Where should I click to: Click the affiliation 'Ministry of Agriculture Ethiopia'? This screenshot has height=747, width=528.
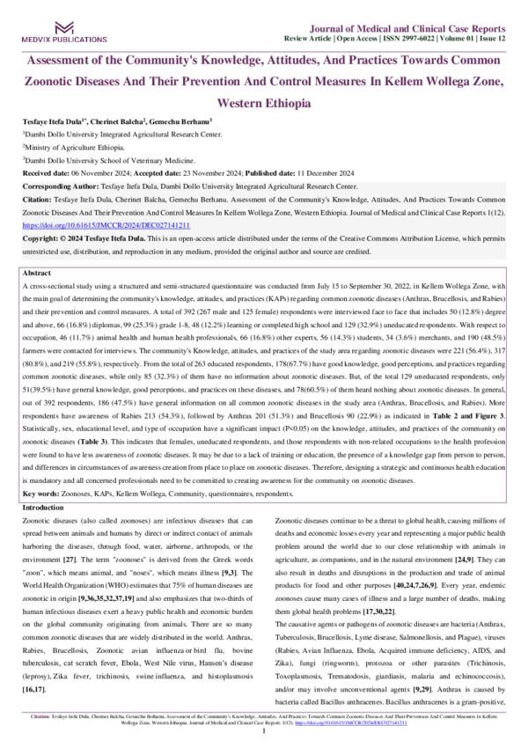[x=77, y=149]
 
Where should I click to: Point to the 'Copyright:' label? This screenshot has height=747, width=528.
[x=40, y=238]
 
